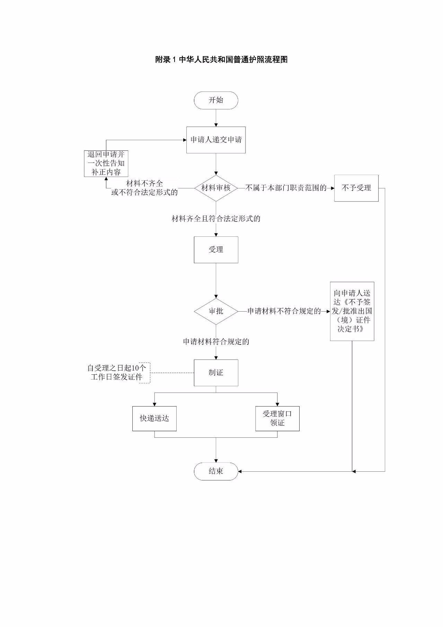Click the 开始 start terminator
pyautogui.click(x=216, y=101)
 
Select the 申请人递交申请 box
pyautogui.click(x=216, y=140)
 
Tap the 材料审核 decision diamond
pyautogui.click(x=216, y=188)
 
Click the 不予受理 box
pyautogui.click(x=356, y=188)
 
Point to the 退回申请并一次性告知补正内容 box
pyautogui.click(x=106, y=163)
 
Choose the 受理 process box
pyautogui.click(x=216, y=250)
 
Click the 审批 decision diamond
pyautogui.click(x=216, y=311)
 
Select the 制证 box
pyautogui.click(x=216, y=373)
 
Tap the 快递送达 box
pyautogui.click(x=154, y=419)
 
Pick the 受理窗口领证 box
pyautogui.click(x=277, y=419)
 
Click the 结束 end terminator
pyautogui.click(x=216, y=471)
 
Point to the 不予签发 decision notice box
pyautogui.click(x=352, y=311)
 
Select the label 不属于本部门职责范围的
pyautogui.click(x=286, y=188)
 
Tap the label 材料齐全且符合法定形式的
pyautogui.click(x=216, y=219)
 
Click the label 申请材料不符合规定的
pyautogui.click(x=284, y=311)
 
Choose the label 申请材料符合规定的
pyautogui.click(x=216, y=342)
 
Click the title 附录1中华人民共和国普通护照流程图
pyautogui.click(x=221, y=60)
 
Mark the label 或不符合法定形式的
pyautogui.click(x=144, y=192)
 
